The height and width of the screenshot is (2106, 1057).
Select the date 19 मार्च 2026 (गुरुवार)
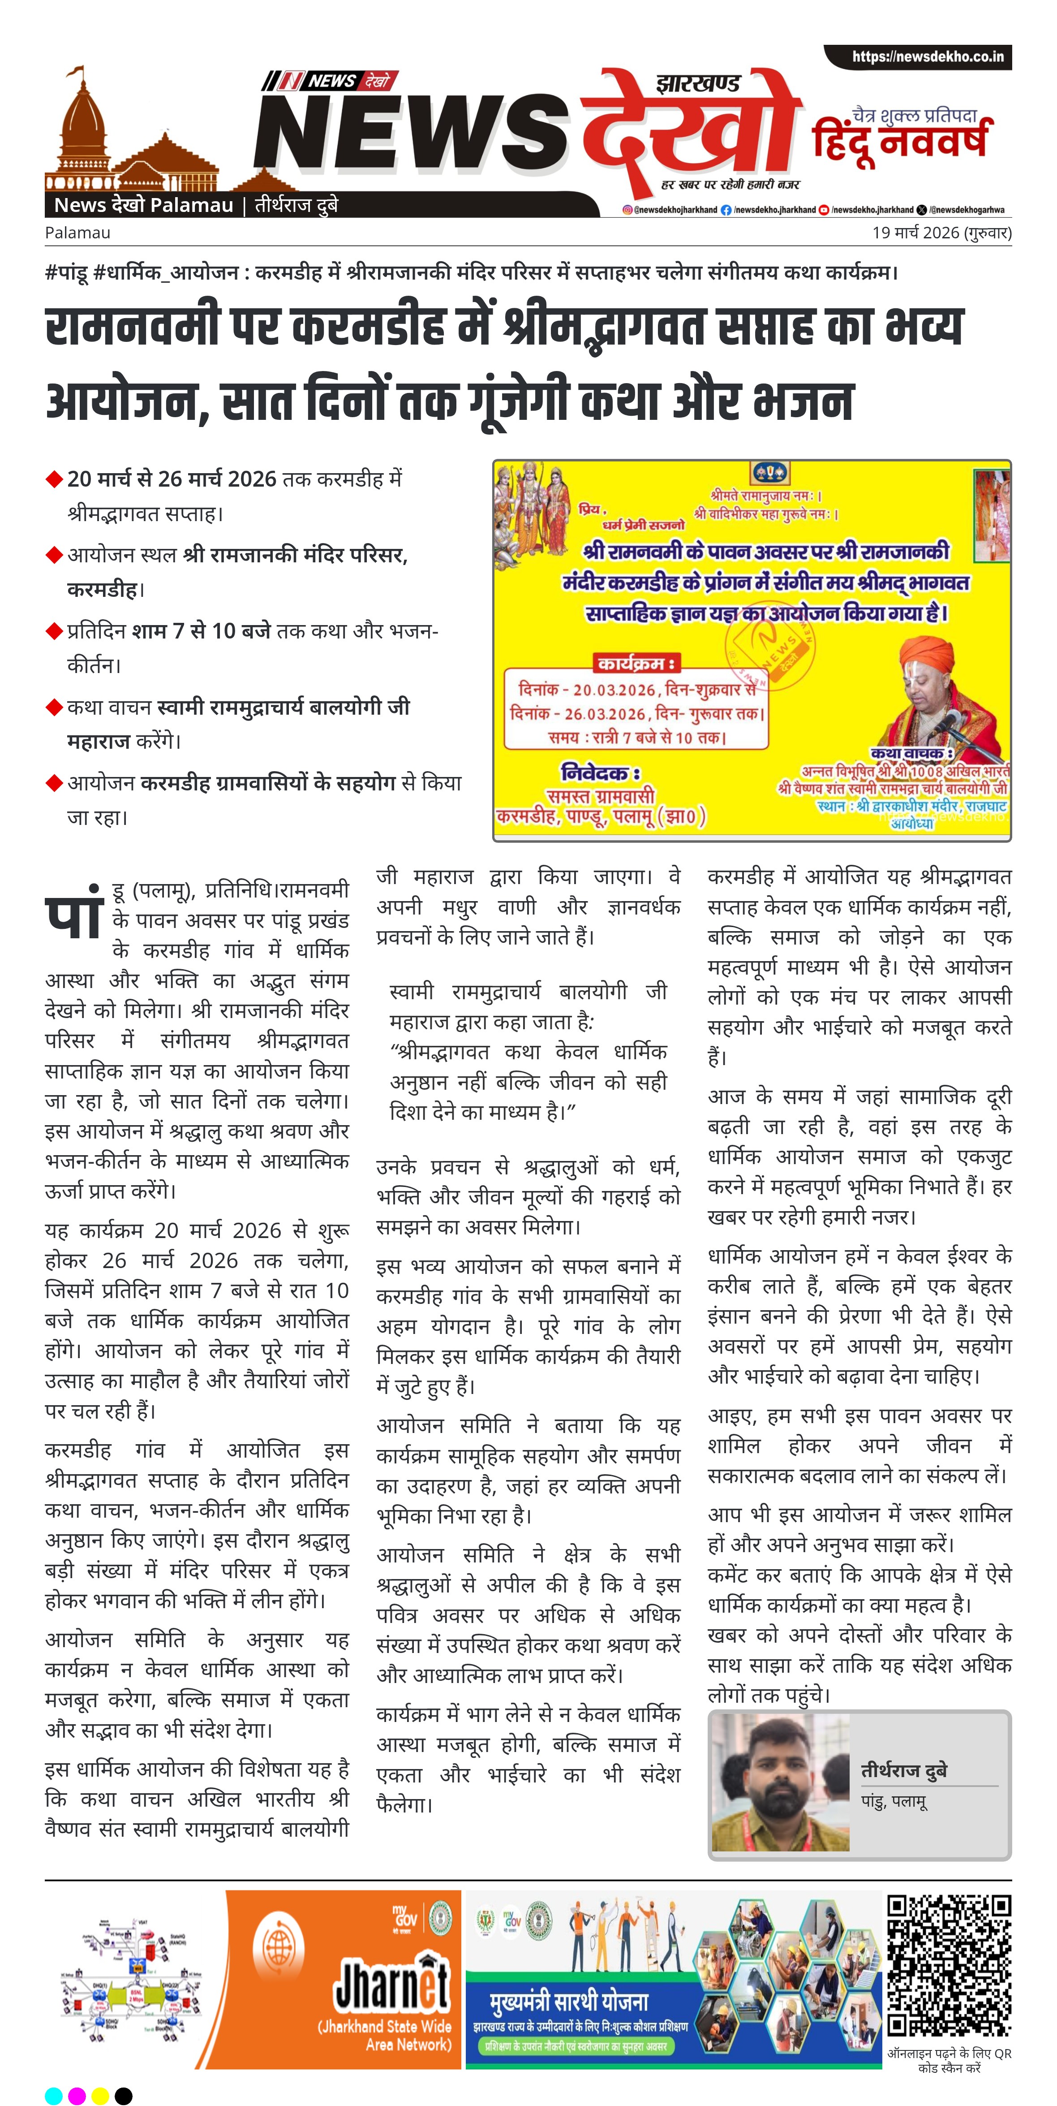941,233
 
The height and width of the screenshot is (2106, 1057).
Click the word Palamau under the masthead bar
77,233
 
